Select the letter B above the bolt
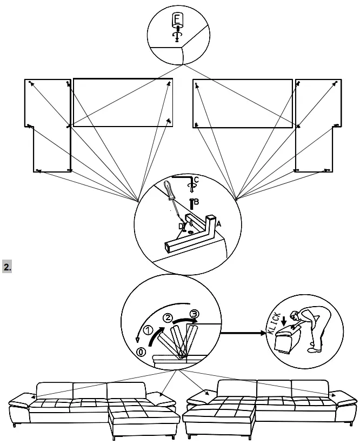(196, 202)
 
